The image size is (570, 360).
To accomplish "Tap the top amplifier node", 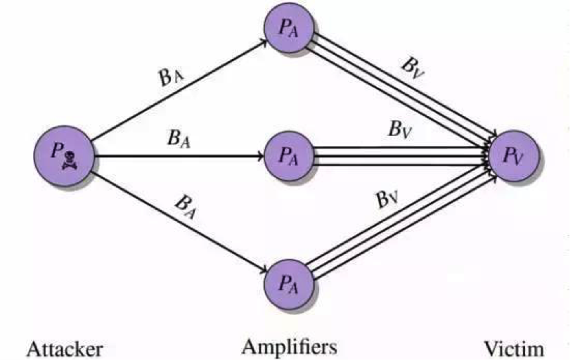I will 287,29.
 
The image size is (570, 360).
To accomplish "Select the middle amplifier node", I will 288,156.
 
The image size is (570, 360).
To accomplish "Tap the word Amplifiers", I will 289,346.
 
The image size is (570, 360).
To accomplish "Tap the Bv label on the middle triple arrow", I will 400,130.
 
